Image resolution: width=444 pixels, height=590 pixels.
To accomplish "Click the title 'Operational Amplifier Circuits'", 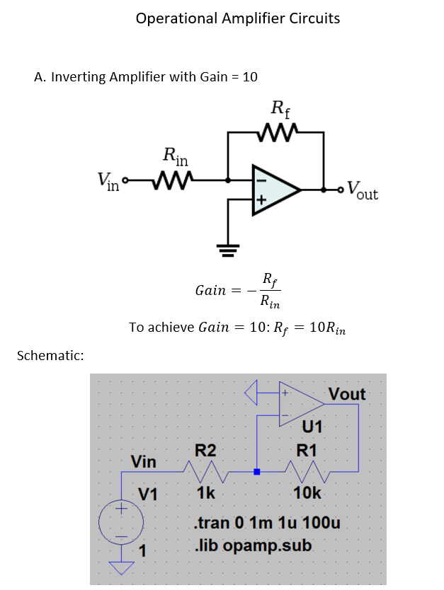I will [x=238, y=18].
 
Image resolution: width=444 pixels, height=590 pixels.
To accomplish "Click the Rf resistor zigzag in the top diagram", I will [x=277, y=132].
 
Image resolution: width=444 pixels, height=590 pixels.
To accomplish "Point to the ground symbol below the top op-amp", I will [x=228, y=247].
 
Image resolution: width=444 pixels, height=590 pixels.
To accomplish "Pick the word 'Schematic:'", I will [x=50, y=355].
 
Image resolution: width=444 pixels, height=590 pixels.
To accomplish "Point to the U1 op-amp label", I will [x=312, y=427].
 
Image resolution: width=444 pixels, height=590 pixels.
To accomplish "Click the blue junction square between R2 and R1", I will [x=256, y=471].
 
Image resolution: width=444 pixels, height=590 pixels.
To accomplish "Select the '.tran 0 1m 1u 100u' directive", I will [x=267, y=524].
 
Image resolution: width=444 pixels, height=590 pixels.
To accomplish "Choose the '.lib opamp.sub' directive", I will [x=252, y=547].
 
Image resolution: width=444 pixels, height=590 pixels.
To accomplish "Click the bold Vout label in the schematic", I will [x=347, y=394].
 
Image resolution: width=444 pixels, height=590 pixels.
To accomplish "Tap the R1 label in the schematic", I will [x=307, y=451].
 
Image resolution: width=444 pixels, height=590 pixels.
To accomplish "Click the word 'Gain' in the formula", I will [x=210, y=290].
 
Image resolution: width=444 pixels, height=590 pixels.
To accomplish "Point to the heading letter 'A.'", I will [x=40, y=77].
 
